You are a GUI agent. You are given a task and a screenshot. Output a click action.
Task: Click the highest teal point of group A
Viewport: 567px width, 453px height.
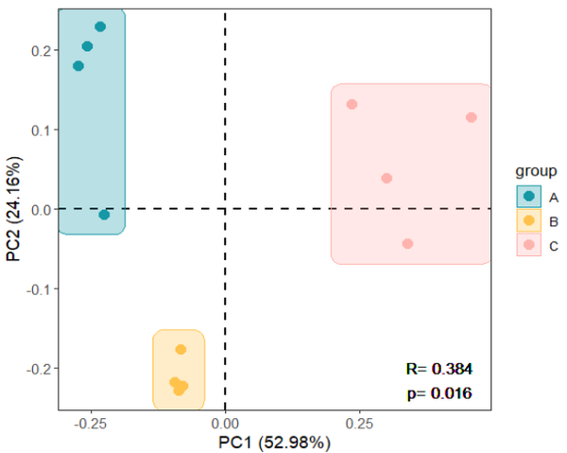[100, 26]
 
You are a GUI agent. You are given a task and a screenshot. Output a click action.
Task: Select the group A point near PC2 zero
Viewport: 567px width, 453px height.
[104, 215]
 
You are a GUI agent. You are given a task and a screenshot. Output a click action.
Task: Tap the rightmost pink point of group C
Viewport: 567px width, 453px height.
[471, 117]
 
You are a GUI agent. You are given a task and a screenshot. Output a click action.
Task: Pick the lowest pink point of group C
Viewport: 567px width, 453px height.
[407, 243]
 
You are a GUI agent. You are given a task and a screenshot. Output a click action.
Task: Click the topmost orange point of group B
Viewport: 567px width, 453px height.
[180, 349]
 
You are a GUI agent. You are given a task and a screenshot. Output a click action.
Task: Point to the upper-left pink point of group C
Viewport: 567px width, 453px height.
[352, 104]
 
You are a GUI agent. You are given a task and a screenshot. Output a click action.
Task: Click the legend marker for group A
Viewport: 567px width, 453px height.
[529, 197]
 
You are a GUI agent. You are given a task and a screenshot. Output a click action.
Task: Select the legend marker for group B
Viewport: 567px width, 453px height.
[529, 221]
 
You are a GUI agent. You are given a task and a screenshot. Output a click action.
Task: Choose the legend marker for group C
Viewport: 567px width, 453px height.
[529, 246]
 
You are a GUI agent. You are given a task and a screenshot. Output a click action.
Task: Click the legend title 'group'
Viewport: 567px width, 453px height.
[534, 171]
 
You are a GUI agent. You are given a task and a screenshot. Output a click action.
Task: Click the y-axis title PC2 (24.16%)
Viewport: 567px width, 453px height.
[13, 210]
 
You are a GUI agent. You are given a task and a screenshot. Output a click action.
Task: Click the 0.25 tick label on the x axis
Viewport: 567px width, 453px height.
[358, 423]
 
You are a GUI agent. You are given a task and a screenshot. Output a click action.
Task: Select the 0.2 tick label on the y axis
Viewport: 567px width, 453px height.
[41, 50]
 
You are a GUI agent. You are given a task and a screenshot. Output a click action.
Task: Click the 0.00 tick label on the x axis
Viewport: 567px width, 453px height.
[225, 423]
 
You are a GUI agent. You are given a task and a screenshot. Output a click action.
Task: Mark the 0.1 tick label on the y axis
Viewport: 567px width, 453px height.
[41, 130]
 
